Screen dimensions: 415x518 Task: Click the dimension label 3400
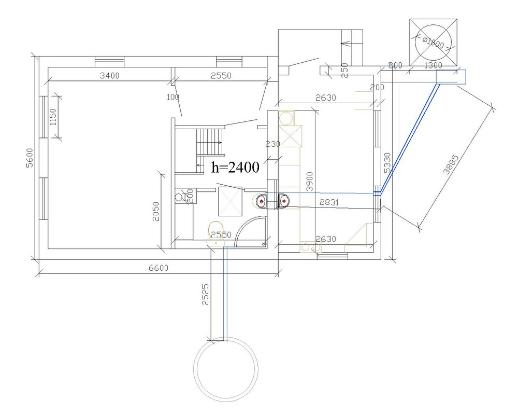[109, 76]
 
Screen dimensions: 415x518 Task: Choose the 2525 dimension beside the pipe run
[205, 294]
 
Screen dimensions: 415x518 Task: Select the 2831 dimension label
[329, 202]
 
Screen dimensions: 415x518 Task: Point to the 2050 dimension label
[155, 212]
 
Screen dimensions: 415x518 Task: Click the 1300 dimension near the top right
[433, 65]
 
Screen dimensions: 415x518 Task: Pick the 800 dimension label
[395, 65]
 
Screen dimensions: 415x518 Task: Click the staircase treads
[211, 141]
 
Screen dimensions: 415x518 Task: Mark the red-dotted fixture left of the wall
[261, 201]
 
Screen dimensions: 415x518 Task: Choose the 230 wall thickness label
[272, 144]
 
